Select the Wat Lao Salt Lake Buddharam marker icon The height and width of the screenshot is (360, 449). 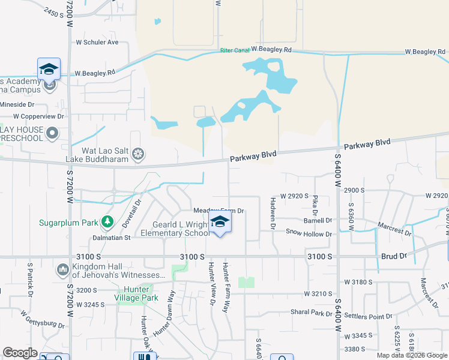click(138, 154)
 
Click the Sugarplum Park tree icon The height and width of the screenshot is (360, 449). click(107, 223)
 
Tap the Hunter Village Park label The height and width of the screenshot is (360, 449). click(136, 293)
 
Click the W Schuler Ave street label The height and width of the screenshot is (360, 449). click(97, 42)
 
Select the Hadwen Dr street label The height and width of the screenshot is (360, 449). click(273, 214)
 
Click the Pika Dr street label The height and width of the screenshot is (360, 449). click(315, 205)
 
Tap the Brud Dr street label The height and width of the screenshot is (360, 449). click(394, 256)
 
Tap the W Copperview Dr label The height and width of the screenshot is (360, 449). click(38, 116)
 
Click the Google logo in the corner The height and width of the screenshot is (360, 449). click(20, 353)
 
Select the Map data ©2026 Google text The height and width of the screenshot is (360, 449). click(411, 355)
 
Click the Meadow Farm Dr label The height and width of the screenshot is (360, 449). click(218, 211)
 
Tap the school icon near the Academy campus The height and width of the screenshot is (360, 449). click(49, 69)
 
